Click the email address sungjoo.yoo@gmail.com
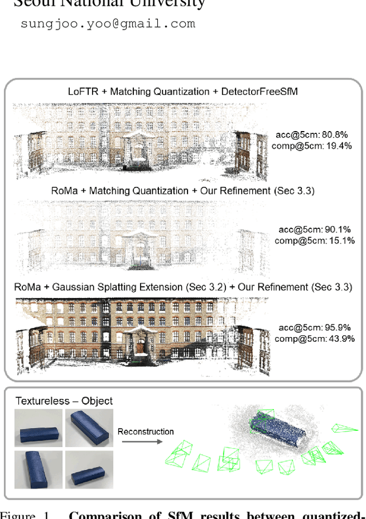(108, 24)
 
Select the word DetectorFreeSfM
(269, 92)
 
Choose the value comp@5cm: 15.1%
(315, 240)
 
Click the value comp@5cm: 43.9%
(315, 339)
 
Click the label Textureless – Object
(64, 401)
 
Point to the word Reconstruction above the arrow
(146, 431)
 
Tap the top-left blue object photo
(39, 428)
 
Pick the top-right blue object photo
(89, 428)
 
